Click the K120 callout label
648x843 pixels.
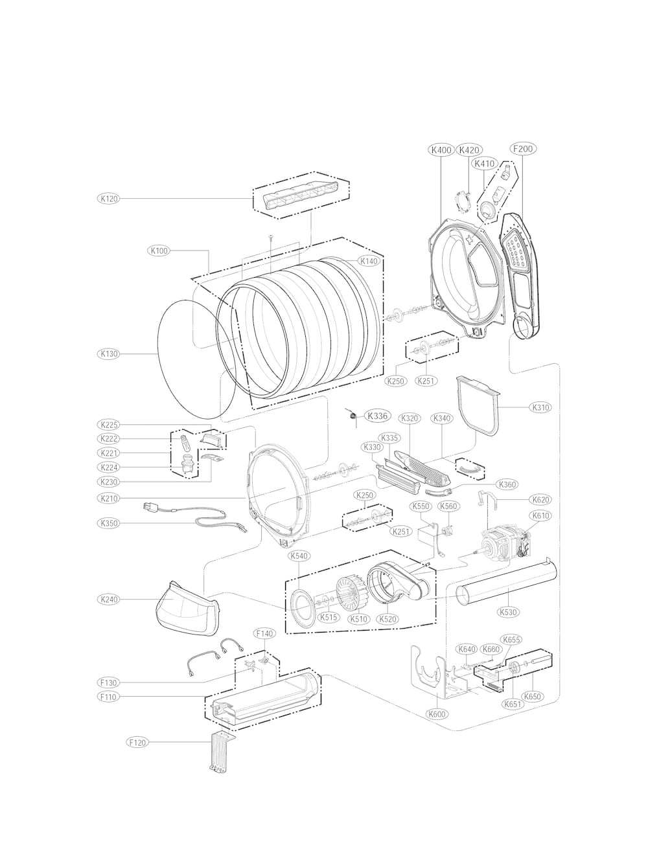[x=108, y=199]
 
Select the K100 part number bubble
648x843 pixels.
[x=159, y=251]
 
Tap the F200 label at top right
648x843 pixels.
[x=522, y=149]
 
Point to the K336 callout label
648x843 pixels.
[x=376, y=416]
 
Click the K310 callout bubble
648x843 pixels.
[x=540, y=407]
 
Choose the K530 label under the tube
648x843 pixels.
[x=508, y=612]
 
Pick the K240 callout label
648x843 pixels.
[x=109, y=600]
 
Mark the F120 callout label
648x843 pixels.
[x=137, y=743]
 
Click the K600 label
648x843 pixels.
[x=437, y=714]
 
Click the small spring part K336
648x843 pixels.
[x=353, y=415]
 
